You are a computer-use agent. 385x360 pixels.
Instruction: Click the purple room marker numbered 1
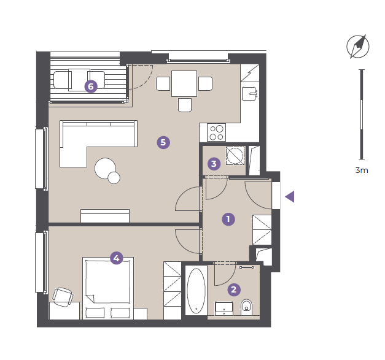[x=228, y=219]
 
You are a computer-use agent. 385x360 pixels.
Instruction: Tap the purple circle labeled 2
[x=234, y=289]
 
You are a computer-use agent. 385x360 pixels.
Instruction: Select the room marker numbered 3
[x=214, y=164]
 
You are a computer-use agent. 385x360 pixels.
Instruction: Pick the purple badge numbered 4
[x=117, y=258]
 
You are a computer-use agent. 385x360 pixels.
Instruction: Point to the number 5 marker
[x=163, y=142]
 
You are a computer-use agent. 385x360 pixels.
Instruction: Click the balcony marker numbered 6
[x=91, y=86]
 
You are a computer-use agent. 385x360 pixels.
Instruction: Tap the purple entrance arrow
[x=290, y=197]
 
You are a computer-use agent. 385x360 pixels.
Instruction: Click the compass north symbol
[x=358, y=47]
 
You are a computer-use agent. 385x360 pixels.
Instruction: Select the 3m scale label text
[x=362, y=170]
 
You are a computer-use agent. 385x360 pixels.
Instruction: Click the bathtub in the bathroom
[x=196, y=291]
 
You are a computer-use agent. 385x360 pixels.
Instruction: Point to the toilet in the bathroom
[x=246, y=307]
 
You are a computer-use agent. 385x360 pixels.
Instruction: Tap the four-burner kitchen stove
[x=216, y=132]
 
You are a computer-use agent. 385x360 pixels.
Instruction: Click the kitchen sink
[x=249, y=94]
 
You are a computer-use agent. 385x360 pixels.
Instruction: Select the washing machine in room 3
[x=235, y=156]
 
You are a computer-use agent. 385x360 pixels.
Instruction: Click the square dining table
[x=184, y=83]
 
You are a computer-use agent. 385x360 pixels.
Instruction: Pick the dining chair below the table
[x=185, y=105]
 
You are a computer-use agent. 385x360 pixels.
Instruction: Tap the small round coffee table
[x=114, y=178]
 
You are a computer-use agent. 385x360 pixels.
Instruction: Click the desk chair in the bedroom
[x=63, y=297]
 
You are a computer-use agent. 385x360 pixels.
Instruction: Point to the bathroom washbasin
[x=224, y=308]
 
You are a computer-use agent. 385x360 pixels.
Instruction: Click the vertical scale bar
[x=362, y=114]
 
